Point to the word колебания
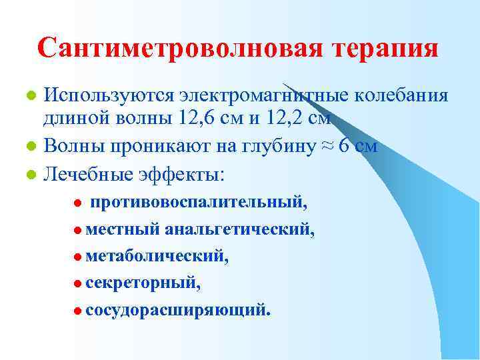pos(404,95)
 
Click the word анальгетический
pos(240,229)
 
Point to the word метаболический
pos(157,257)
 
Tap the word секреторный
pos(142,283)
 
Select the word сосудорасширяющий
pos(178,311)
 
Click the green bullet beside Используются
pos(30,96)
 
